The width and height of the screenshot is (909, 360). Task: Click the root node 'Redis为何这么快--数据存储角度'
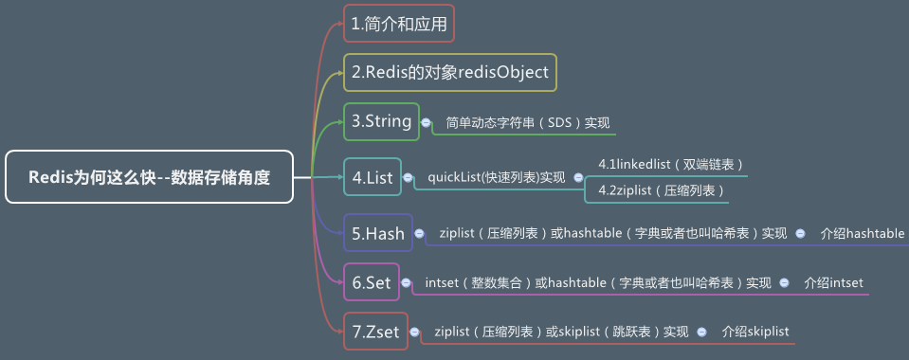(149, 176)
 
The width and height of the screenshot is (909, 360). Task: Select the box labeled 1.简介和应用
(398, 25)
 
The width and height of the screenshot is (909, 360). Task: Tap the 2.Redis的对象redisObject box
(449, 72)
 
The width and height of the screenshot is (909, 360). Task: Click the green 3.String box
(381, 121)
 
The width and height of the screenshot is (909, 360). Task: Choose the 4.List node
(372, 177)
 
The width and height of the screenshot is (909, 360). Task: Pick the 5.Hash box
(378, 233)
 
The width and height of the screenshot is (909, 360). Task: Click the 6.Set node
(372, 281)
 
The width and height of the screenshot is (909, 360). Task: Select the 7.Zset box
(375, 332)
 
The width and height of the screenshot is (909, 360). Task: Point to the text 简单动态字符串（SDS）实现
(528, 123)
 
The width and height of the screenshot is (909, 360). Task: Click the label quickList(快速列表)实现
(497, 177)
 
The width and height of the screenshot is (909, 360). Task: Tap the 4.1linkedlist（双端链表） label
(671, 164)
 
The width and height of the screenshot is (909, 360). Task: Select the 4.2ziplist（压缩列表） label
(662, 190)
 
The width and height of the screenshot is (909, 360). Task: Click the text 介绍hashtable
(863, 233)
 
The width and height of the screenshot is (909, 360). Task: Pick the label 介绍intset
(833, 282)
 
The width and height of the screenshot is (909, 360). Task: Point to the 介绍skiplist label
(754, 332)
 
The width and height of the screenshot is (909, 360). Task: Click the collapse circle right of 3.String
(427, 122)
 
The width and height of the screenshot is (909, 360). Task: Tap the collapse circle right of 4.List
(409, 177)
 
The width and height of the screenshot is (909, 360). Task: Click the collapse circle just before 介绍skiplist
(702, 332)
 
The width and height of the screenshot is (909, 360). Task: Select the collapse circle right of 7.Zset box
(416, 332)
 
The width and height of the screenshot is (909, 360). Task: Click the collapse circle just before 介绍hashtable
(801, 233)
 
